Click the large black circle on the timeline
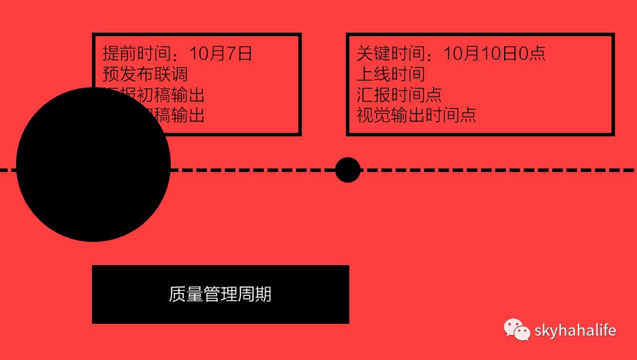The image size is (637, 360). tap(93, 165)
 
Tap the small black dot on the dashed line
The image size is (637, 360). tap(348, 170)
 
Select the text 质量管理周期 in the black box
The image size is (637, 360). tap(220, 294)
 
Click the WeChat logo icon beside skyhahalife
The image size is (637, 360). tap(517, 330)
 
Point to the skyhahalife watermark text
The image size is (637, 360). tap(575, 330)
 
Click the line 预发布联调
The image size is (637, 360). tap(145, 74)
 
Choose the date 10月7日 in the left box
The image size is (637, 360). tap(221, 54)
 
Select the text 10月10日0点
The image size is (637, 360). tap(494, 54)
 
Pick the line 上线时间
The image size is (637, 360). tap(390, 74)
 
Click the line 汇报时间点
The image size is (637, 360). tap(399, 94)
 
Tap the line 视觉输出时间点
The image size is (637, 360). tap(416, 114)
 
